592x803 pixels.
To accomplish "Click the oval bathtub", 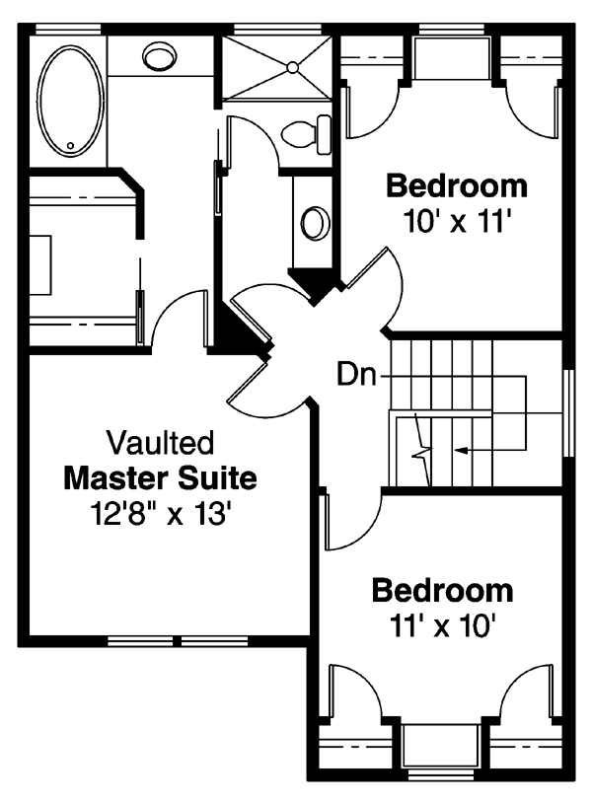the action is tap(72, 102).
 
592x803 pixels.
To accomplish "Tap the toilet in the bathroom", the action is tap(306, 134).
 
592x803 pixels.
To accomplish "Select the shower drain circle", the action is tap(292, 67).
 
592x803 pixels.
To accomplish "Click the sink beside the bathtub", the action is tap(159, 56).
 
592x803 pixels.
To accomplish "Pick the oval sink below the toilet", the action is tap(315, 223).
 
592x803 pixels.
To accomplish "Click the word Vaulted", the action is tap(160, 443).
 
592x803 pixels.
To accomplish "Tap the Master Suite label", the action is tap(160, 477).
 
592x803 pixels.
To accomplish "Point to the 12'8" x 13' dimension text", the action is tap(158, 514).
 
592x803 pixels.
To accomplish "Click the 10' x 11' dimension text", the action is tap(458, 222).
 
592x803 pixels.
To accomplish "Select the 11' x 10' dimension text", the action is tap(443, 625).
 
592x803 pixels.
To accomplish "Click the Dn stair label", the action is tap(356, 374).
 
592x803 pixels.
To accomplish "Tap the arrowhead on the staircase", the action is tap(461, 451).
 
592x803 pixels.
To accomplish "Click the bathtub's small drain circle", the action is tap(71, 146).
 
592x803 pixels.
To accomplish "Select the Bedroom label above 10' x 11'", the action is tap(457, 185).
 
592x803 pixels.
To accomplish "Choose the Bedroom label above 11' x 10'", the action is tap(442, 591).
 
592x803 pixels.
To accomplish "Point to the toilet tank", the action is tap(324, 134).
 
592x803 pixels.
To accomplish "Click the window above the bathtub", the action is tap(68, 30).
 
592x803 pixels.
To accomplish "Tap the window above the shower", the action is tap(277, 30).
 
